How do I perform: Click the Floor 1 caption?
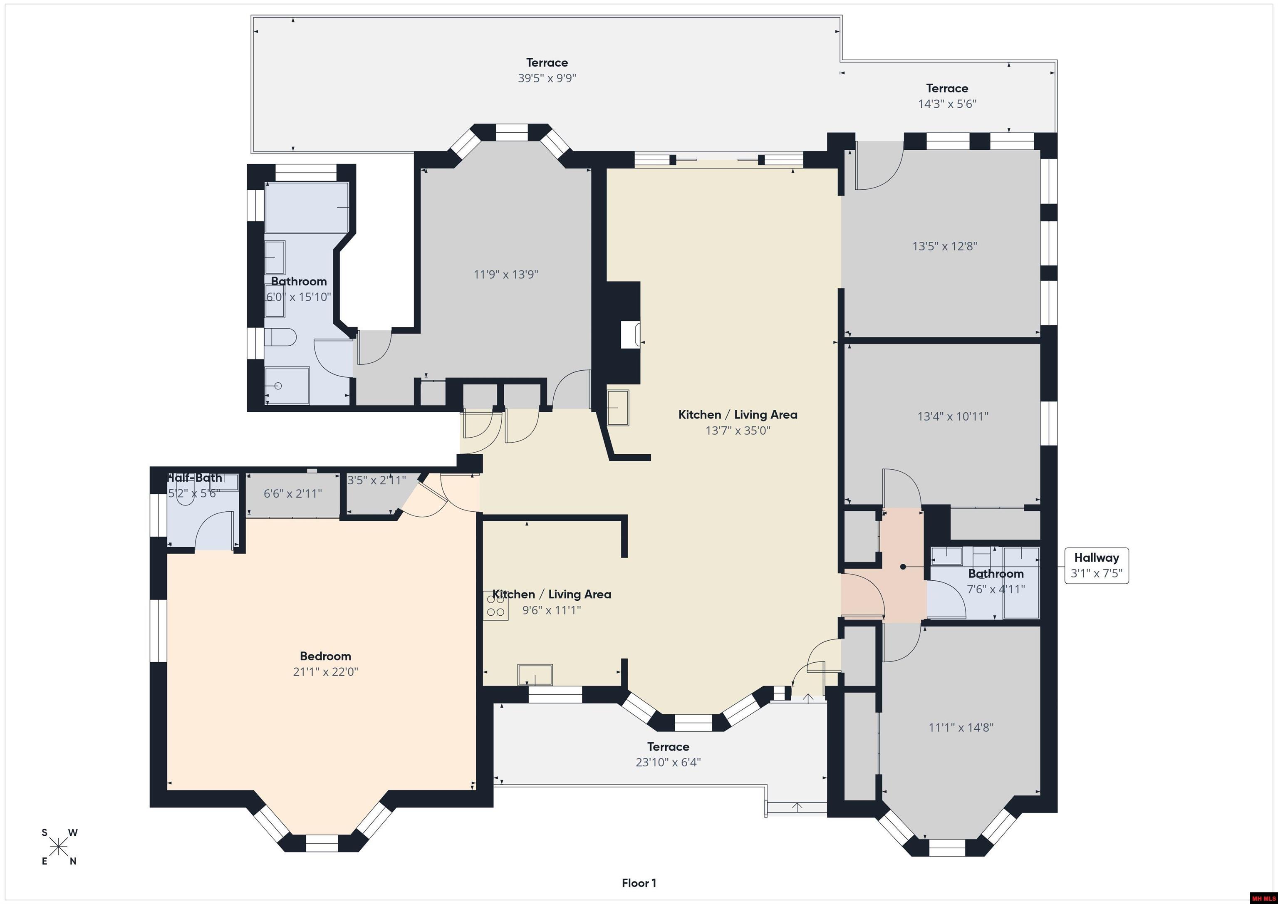639,883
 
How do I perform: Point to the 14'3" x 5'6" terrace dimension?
947,104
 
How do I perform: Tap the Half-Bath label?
195,478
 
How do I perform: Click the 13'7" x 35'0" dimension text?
738,430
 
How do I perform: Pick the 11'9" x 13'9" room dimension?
505,275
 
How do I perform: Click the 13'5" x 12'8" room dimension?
945,246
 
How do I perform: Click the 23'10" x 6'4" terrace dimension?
668,763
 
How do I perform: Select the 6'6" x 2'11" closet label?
293,494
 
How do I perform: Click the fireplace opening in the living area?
631,334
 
